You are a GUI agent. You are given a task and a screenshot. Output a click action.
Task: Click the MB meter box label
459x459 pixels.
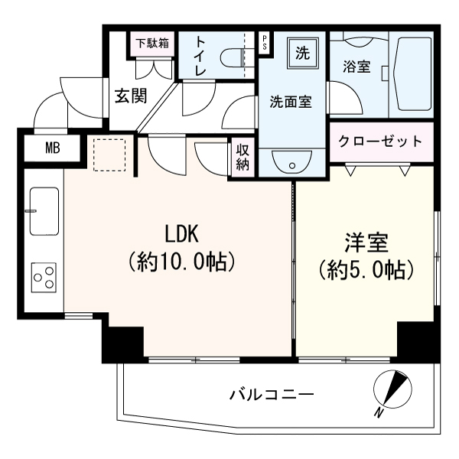pos(53,148)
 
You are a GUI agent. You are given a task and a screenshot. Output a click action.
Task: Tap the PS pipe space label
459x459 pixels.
pos(265,43)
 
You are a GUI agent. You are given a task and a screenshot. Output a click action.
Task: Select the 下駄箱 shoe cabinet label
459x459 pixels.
pos(152,44)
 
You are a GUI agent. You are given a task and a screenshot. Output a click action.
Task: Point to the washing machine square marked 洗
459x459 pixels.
pos(303,54)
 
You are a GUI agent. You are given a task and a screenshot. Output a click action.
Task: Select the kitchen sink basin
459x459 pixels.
pos(44,211)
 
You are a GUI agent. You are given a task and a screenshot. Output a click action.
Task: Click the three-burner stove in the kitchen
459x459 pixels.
pos(44,277)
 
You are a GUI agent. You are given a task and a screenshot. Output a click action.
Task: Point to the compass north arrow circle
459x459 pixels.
pos(392,389)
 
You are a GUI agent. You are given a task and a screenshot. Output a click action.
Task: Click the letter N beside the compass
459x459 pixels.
pos(379,413)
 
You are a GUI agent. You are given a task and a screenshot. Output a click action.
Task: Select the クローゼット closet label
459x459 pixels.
pos(380,142)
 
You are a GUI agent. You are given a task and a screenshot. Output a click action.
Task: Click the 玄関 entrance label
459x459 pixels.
pos(131,96)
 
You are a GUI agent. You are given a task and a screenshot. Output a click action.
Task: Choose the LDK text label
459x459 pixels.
pos(182,233)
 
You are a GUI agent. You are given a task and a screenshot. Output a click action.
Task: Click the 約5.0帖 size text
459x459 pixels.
pos(366,269)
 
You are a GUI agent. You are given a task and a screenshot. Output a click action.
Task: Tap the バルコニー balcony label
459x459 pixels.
pos(272,395)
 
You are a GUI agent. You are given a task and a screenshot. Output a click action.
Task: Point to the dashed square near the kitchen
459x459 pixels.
pos(109,155)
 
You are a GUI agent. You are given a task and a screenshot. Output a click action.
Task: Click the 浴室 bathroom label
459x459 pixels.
pos(356,67)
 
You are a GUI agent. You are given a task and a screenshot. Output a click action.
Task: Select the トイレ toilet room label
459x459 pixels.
pos(200,56)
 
